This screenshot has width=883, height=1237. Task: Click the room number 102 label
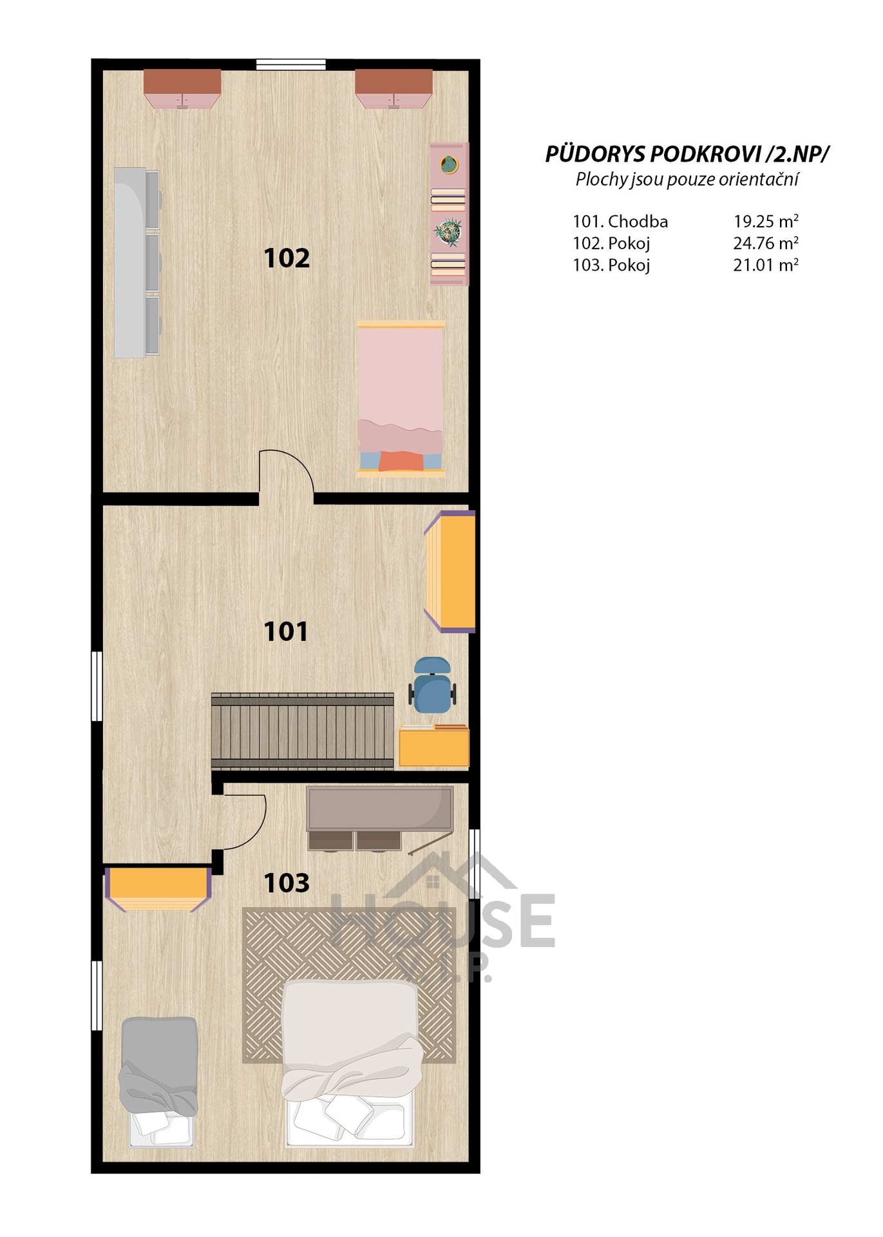(x=287, y=258)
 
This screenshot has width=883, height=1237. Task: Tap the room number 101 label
(x=286, y=631)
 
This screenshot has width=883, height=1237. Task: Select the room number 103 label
(x=287, y=883)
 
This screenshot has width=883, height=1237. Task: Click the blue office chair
(x=432, y=685)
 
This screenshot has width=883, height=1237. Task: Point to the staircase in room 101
(x=302, y=731)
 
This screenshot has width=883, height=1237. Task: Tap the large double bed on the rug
(x=351, y=1063)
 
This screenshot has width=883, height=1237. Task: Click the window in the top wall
(x=290, y=64)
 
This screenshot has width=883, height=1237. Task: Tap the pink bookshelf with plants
(x=449, y=214)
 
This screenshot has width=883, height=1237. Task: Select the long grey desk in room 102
(x=137, y=262)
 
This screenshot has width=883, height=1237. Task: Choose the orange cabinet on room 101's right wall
(x=450, y=571)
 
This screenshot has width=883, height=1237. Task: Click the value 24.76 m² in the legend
(x=766, y=243)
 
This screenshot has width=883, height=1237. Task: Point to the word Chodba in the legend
(x=638, y=222)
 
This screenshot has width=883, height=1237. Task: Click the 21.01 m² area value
(x=766, y=265)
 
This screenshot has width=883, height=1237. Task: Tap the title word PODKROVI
(x=705, y=154)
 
